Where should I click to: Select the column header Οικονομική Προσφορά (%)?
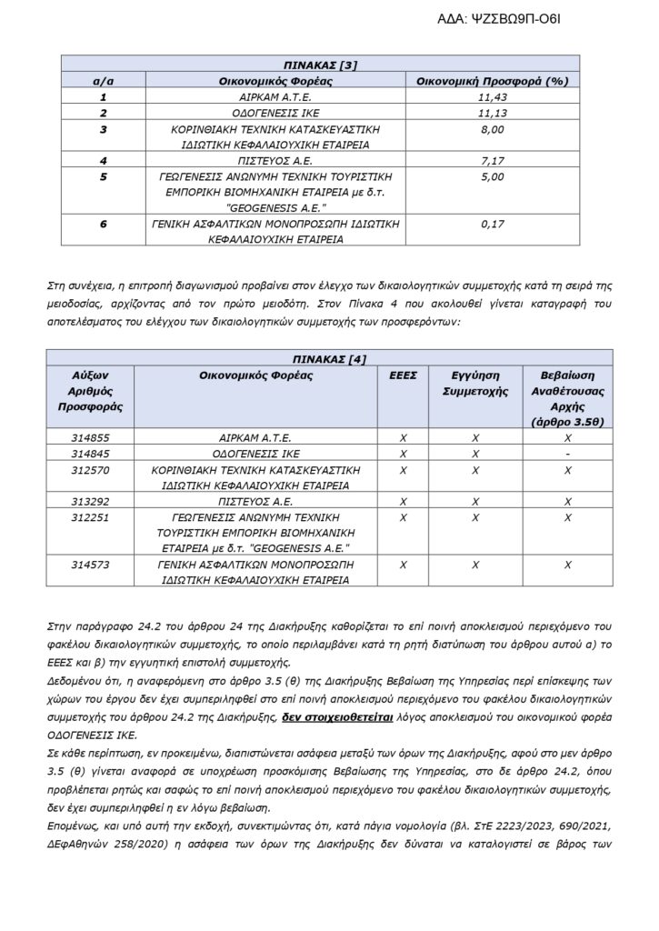(x=492, y=80)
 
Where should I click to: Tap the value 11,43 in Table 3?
(x=492, y=96)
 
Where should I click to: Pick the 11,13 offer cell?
(x=492, y=113)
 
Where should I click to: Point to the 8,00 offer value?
(x=492, y=129)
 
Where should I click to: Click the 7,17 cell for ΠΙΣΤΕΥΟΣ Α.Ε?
(x=492, y=161)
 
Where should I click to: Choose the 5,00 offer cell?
(x=492, y=176)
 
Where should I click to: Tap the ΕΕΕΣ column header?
(x=403, y=374)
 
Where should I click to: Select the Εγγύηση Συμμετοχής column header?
(x=474, y=382)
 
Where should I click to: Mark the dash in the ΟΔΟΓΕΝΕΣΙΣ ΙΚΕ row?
(x=566, y=453)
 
